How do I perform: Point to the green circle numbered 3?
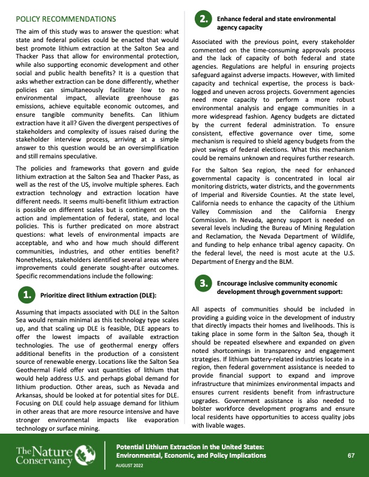coord(204,282)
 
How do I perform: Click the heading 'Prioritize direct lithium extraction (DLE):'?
coord(98,295)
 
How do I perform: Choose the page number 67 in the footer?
coord(350,455)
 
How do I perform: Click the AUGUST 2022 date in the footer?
coord(130,466)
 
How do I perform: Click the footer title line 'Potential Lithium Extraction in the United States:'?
coord(190,446)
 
